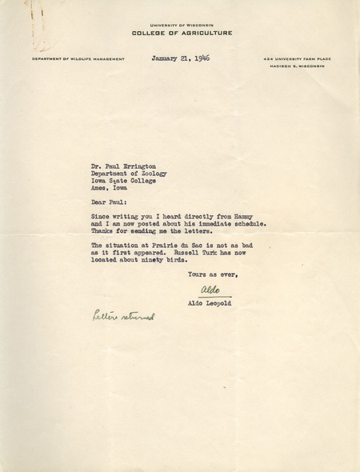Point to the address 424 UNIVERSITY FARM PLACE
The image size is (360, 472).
pos(296,59)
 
